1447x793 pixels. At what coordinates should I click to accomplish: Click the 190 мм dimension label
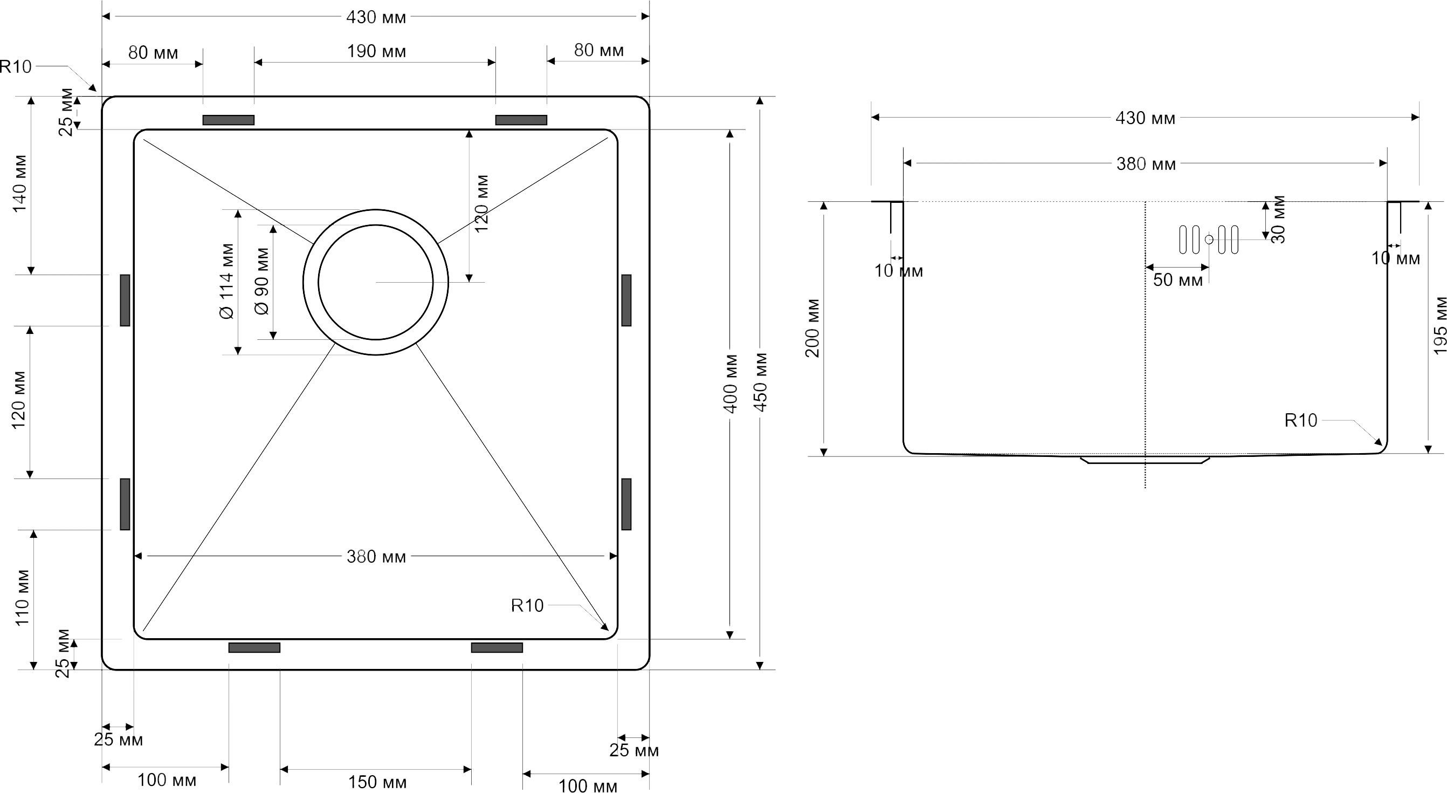(376, 52)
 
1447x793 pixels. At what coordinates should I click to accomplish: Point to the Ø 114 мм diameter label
(227, 281)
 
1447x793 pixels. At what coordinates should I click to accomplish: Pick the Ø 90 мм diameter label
(263, 281)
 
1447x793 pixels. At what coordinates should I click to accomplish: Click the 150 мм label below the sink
(377, 782)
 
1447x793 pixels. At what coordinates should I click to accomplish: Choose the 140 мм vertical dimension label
(20, 183)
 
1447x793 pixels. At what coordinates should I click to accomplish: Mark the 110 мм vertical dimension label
(22, 598)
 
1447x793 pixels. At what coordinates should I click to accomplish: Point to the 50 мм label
(1178, 279)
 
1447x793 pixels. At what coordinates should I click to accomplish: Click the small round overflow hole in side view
(1209, 240)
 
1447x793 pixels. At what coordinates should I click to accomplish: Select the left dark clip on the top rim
(229, 120)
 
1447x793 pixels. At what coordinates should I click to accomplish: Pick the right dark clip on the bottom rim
(497, 647)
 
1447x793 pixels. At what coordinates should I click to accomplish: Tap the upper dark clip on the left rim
(125, 300)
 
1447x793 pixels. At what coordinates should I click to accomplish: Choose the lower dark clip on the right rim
(626, 504)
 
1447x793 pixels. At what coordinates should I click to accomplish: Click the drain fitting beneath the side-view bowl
(1145, 460)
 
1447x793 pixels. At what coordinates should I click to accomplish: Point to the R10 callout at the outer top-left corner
(16, 67)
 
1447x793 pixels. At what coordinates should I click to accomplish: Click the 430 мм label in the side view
(1145, 118)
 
